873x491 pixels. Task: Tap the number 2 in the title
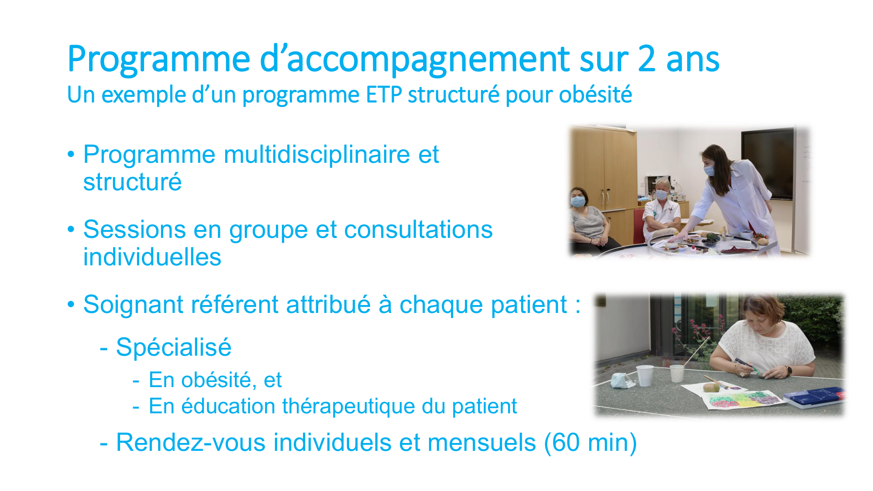pos(646,58)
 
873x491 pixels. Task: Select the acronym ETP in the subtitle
pos(384,95)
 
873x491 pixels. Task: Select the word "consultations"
pos(418,230)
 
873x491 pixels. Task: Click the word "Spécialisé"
pos(174,347)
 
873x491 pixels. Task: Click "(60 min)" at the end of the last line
pos(590,442)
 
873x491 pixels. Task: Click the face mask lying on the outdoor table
pos(622,381)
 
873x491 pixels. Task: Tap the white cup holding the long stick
pos(677,373)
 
